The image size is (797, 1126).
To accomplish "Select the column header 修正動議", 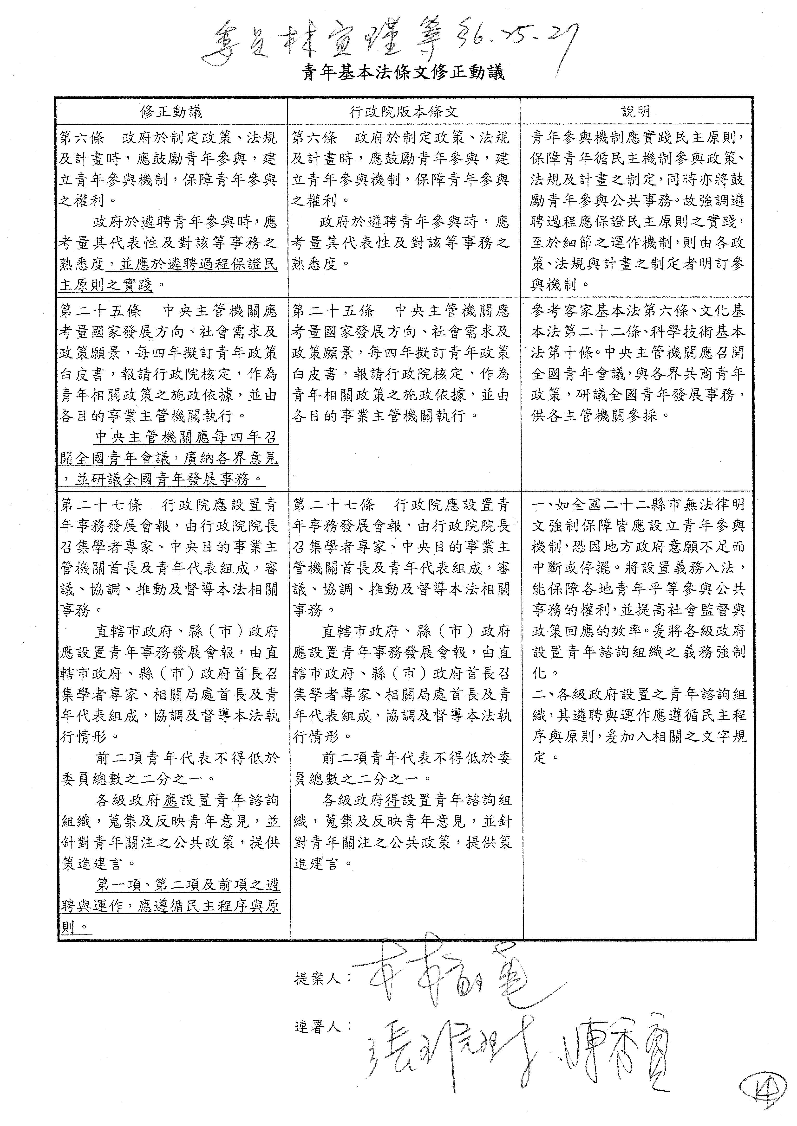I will coord(171,112).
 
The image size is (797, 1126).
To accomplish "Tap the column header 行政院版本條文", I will coord(403,112).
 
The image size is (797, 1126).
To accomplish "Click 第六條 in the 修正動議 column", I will coord(81,137).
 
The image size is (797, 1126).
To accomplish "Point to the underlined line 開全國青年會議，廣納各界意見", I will coord(169,458).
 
